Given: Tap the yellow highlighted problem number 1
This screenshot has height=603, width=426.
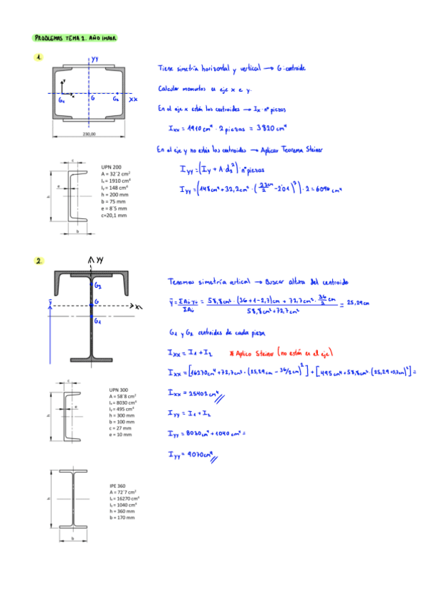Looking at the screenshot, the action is point(38,58).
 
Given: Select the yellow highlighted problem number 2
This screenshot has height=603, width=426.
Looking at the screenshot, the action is point(38,261).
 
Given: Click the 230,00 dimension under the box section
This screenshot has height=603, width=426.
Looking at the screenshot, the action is point(89,134).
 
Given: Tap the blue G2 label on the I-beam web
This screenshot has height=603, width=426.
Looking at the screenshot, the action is point(97,284).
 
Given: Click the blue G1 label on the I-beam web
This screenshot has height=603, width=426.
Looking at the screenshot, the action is point(97,321).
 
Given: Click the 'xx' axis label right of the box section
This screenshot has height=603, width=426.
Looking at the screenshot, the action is point(133,100).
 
